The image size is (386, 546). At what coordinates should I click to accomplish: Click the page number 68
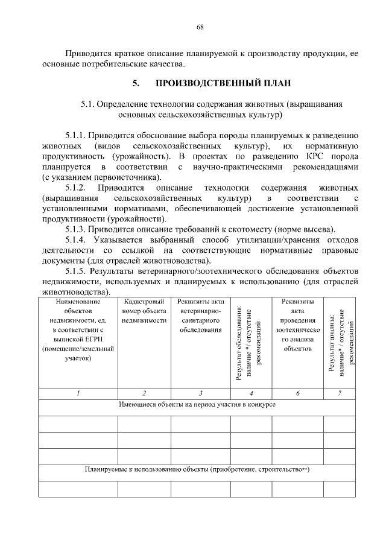click(x=200, y=27)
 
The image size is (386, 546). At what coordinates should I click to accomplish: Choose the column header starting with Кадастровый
click(x=144, y=302)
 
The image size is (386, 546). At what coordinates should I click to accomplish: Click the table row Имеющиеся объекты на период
click(x=197, y=404)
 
